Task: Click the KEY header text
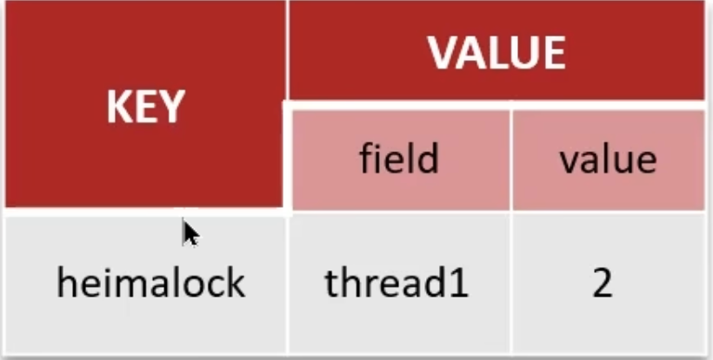coord(145,107)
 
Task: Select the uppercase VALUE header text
coord(496,53)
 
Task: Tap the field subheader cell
coord(400,160)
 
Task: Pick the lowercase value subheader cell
coord(609,160)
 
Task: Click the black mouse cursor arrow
coord(190,233)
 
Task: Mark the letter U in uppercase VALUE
coord(523,54)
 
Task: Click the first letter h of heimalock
coord(66,283)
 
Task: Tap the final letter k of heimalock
coord(237,283)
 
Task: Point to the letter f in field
coord(367,158)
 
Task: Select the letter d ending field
coord(428,158)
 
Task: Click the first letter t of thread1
coord(331,284)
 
